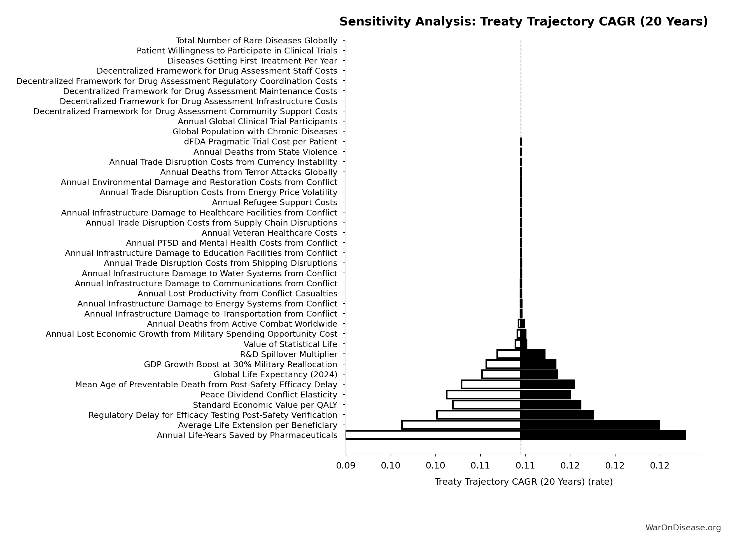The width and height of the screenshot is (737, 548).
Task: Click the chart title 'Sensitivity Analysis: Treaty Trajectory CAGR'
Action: [x=523, y=22]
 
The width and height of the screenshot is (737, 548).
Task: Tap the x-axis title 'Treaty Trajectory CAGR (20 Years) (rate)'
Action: [x=523, y=482]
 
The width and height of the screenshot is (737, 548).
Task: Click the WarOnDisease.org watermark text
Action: [x=683, y=528]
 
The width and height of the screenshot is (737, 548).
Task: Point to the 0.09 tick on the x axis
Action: [x=346, y=466]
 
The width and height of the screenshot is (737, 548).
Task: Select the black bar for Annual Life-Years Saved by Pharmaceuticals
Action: [x=603, y=435]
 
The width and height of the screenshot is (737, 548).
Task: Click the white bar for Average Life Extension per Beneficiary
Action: [x=461, y=425]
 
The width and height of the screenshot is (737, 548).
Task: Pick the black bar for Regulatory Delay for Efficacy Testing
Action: [x=557, y=415]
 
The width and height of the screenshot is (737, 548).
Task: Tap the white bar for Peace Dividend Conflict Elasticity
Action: [x=484, y=394]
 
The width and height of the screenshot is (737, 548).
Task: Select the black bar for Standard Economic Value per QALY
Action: [x=551, y=405]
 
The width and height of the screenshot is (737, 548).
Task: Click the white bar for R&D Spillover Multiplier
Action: [x=509, y=354]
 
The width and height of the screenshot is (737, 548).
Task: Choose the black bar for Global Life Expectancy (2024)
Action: [x=539, y=374]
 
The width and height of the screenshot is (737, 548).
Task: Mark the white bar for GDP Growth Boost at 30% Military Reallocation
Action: [x=503, y=364]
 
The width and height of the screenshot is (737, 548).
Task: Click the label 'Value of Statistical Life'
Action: [x=290, y=344]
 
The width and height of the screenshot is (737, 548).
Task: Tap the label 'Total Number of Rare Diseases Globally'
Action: [x=256, y=41]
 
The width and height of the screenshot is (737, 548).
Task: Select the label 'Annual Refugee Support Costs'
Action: [x=274, y=202]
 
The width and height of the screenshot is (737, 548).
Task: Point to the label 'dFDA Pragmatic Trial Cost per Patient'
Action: [x=260, y=142]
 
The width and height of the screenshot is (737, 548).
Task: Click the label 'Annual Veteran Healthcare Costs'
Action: [x=269, y=233]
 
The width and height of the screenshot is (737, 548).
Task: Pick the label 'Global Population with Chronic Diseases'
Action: [x=255, y=132]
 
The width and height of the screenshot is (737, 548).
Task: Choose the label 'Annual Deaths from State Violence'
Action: [x=265, y=152]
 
